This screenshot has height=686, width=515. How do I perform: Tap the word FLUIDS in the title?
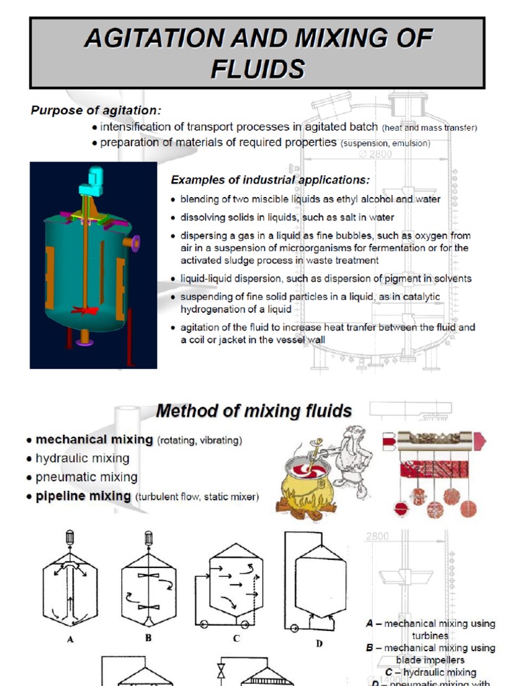click(257, 68)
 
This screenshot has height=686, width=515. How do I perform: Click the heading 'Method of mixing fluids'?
click(253, 410)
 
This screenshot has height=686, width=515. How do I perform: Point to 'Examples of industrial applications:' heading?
click(270, 180)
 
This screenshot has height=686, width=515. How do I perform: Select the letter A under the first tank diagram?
click(70, 640)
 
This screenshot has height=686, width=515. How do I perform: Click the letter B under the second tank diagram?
click(148, 638)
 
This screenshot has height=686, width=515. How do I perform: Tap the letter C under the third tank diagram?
click(236, 638)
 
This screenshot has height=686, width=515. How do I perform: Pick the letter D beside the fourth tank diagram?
click(319, 644)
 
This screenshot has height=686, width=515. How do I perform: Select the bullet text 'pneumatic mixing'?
click(87, 478)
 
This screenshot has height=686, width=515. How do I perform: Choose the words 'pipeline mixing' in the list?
click(83, 496)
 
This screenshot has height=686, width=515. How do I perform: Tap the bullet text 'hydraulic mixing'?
click(82, 459)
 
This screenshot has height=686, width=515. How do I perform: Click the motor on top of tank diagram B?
click(148, 539)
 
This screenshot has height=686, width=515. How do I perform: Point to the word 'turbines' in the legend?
click(430, 636)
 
